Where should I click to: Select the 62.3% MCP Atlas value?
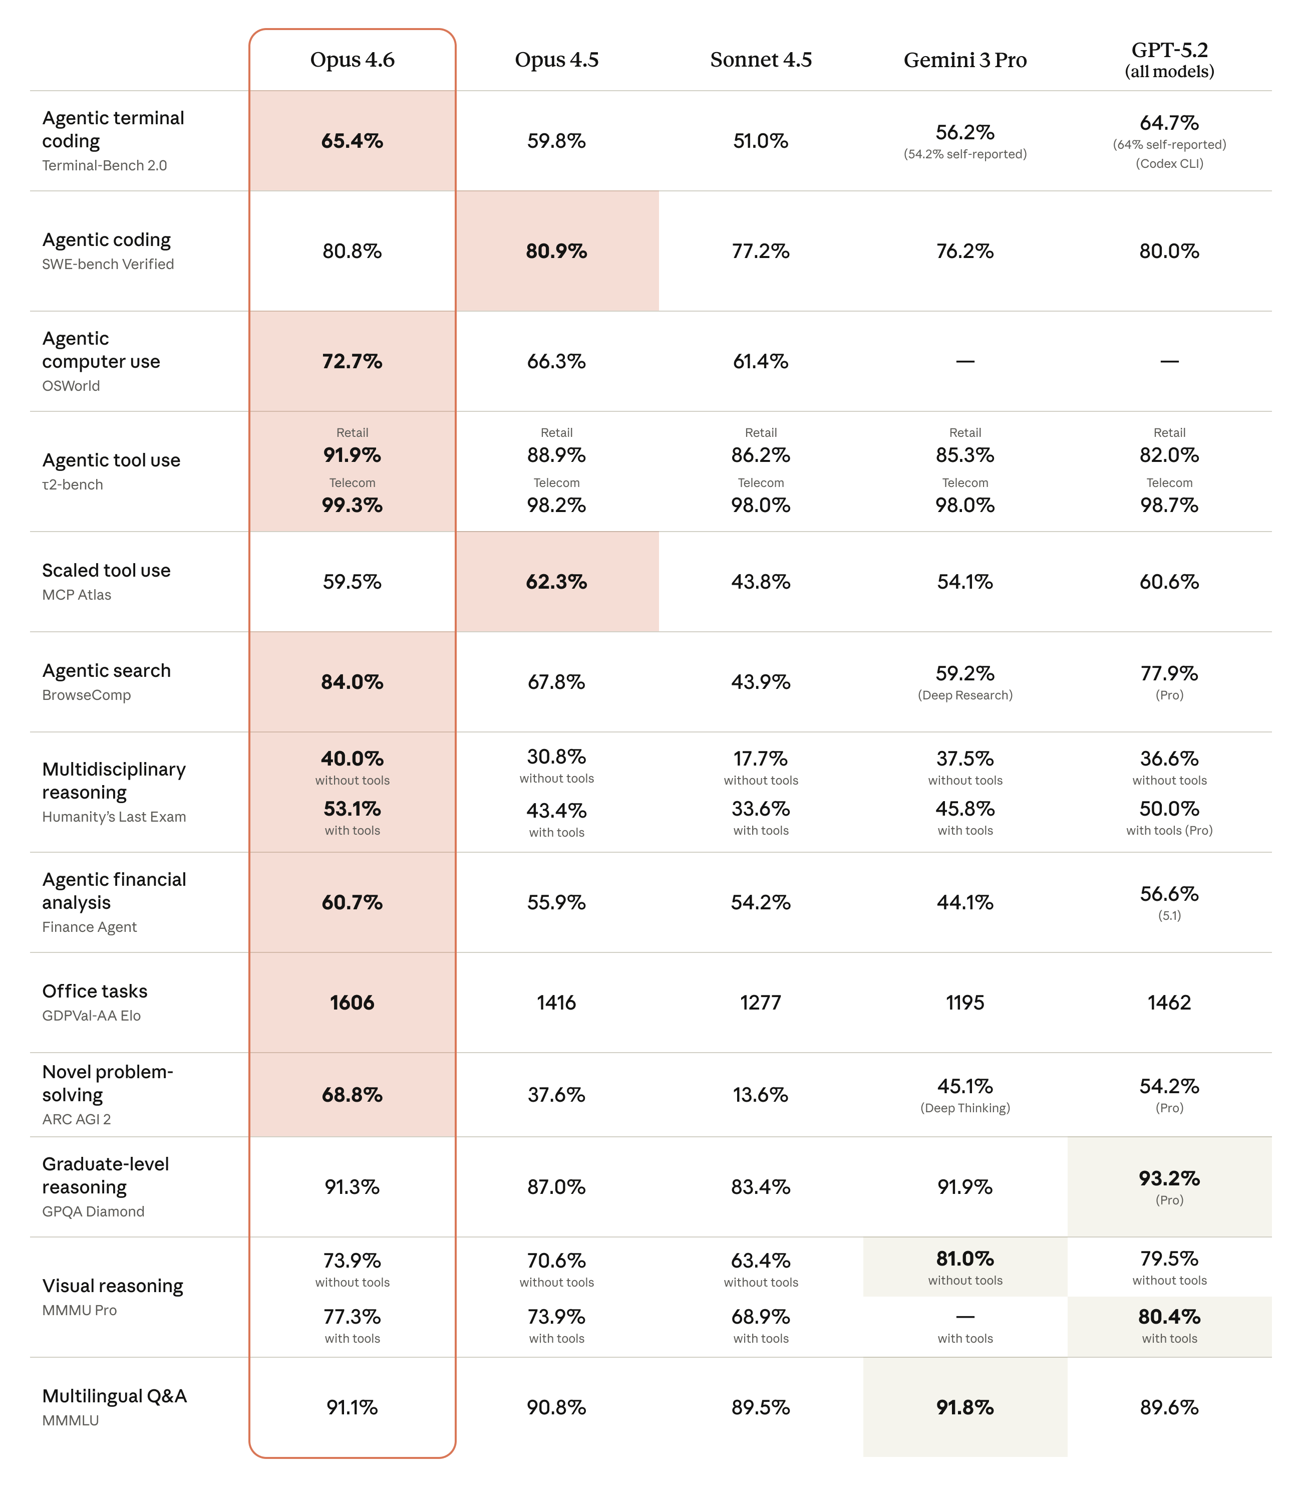tap(556, 582)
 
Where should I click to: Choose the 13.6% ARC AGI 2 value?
tap(760, 1095)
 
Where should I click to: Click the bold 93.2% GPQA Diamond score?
tap(1168, 1177)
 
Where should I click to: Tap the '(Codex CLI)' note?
tap(1168, 163)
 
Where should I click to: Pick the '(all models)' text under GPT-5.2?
tap(1168, 71)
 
